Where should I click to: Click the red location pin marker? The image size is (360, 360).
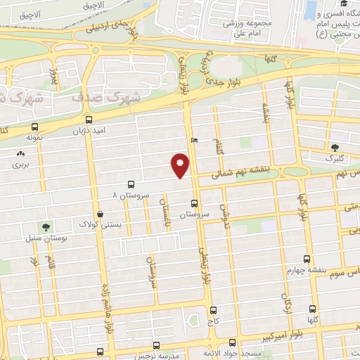(x=181, y=165)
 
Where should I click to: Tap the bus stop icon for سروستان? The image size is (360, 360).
(x=195, y=205)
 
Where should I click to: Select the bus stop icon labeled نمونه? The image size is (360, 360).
(x=34, y=127)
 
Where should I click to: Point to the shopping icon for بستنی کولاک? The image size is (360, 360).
(x=103, y=214)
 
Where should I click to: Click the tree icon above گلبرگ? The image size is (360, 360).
(x=335, y=148)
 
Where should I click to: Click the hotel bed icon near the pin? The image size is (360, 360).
(x=195, y=139)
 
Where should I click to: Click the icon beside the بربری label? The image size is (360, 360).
(x=20, y=153)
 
